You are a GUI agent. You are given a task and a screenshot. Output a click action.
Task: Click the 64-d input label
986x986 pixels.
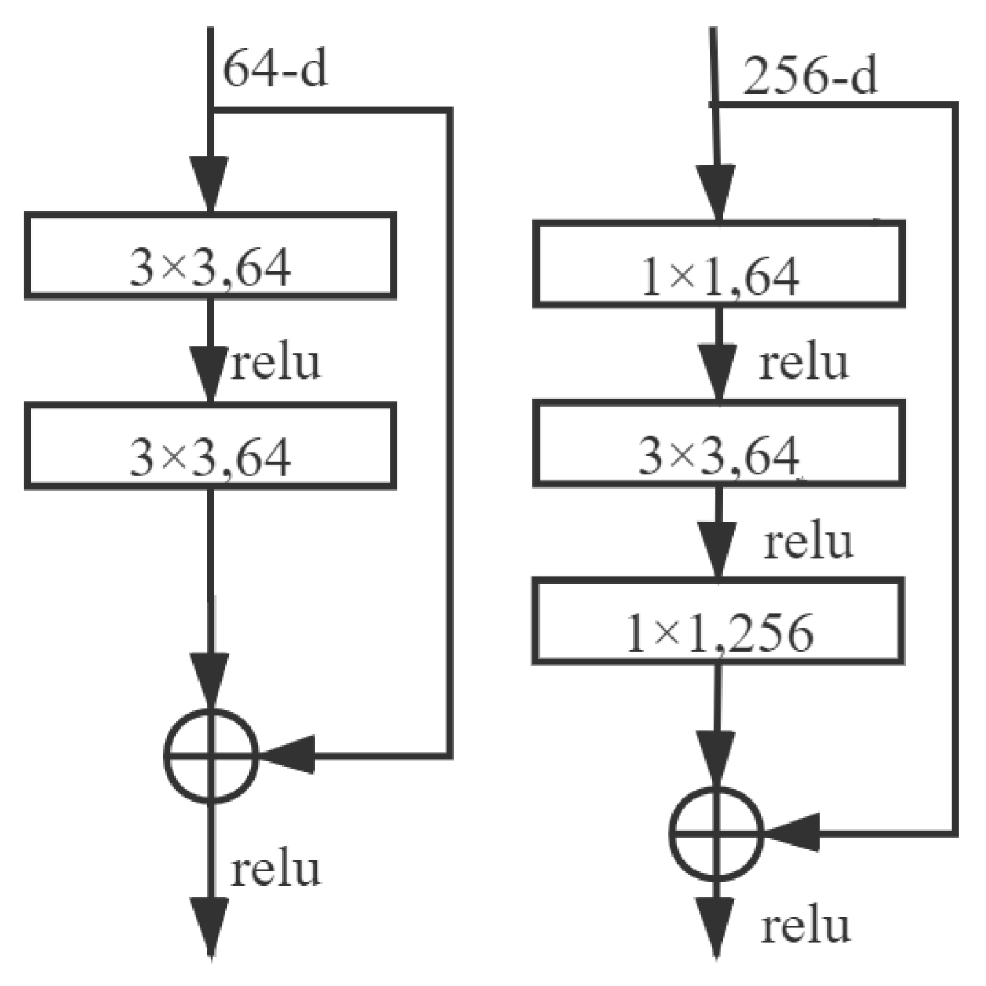pos(275,69)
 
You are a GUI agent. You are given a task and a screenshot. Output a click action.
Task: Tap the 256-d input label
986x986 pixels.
pos(810,76)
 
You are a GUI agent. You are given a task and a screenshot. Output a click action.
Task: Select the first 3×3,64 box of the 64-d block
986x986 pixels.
pos(211,256)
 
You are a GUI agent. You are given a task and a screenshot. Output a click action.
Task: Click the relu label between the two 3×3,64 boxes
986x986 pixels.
pos(276,362)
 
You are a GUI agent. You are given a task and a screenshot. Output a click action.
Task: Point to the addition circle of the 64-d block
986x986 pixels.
pos(211,755)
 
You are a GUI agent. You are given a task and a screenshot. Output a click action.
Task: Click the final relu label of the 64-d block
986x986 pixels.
pos(276,870)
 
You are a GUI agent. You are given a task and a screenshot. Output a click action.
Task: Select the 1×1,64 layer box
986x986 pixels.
pos(719,264)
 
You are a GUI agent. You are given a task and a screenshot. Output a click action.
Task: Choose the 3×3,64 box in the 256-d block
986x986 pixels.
pos(719,443)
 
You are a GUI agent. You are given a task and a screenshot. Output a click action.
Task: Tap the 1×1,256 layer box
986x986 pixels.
pos(718,622)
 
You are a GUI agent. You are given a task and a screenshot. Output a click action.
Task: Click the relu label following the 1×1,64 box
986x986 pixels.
pos(804,362)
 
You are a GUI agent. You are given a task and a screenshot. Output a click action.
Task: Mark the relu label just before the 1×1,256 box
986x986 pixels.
pos(808,542)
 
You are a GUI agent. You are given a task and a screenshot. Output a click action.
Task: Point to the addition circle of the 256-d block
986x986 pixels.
pos(716,833)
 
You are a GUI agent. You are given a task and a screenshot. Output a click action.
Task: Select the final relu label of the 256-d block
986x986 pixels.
pos(805,926)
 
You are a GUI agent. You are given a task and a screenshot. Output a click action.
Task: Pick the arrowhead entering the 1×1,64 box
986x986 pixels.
pos(717,191)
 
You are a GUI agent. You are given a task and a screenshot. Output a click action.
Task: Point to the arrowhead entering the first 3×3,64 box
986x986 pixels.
pos(210,183)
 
